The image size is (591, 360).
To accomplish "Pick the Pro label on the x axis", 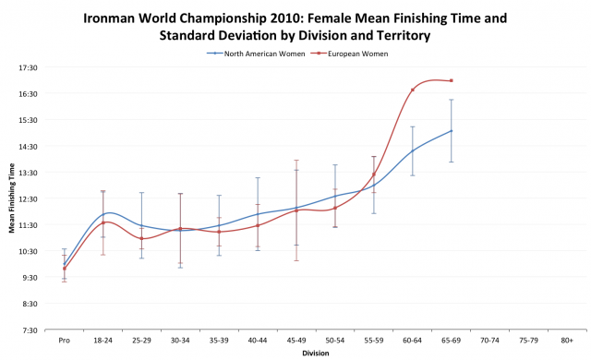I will tap(64, 341).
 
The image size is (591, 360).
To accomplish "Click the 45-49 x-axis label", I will tap(296, 341).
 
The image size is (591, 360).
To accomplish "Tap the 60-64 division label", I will tap(413, 341).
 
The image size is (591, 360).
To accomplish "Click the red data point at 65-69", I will tap(452, 80).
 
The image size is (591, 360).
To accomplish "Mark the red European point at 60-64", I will tap(413, 90).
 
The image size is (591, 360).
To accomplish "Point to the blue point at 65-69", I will tap(452, 131).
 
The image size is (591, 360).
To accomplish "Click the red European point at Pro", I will tap(64, 269).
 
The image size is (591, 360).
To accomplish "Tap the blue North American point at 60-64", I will tap(413, 150).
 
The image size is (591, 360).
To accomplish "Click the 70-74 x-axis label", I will tap(490, 341).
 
